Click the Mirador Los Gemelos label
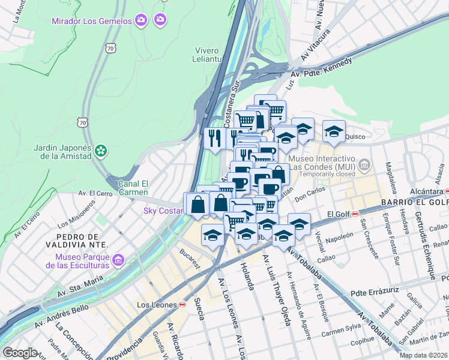point(91,22)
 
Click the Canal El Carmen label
point(133,188)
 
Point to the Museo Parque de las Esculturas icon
point(118,260)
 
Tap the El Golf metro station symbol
point(355,214)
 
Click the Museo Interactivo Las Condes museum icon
point(363,164)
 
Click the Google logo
point(20,353)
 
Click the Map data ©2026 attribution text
point(423,355)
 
